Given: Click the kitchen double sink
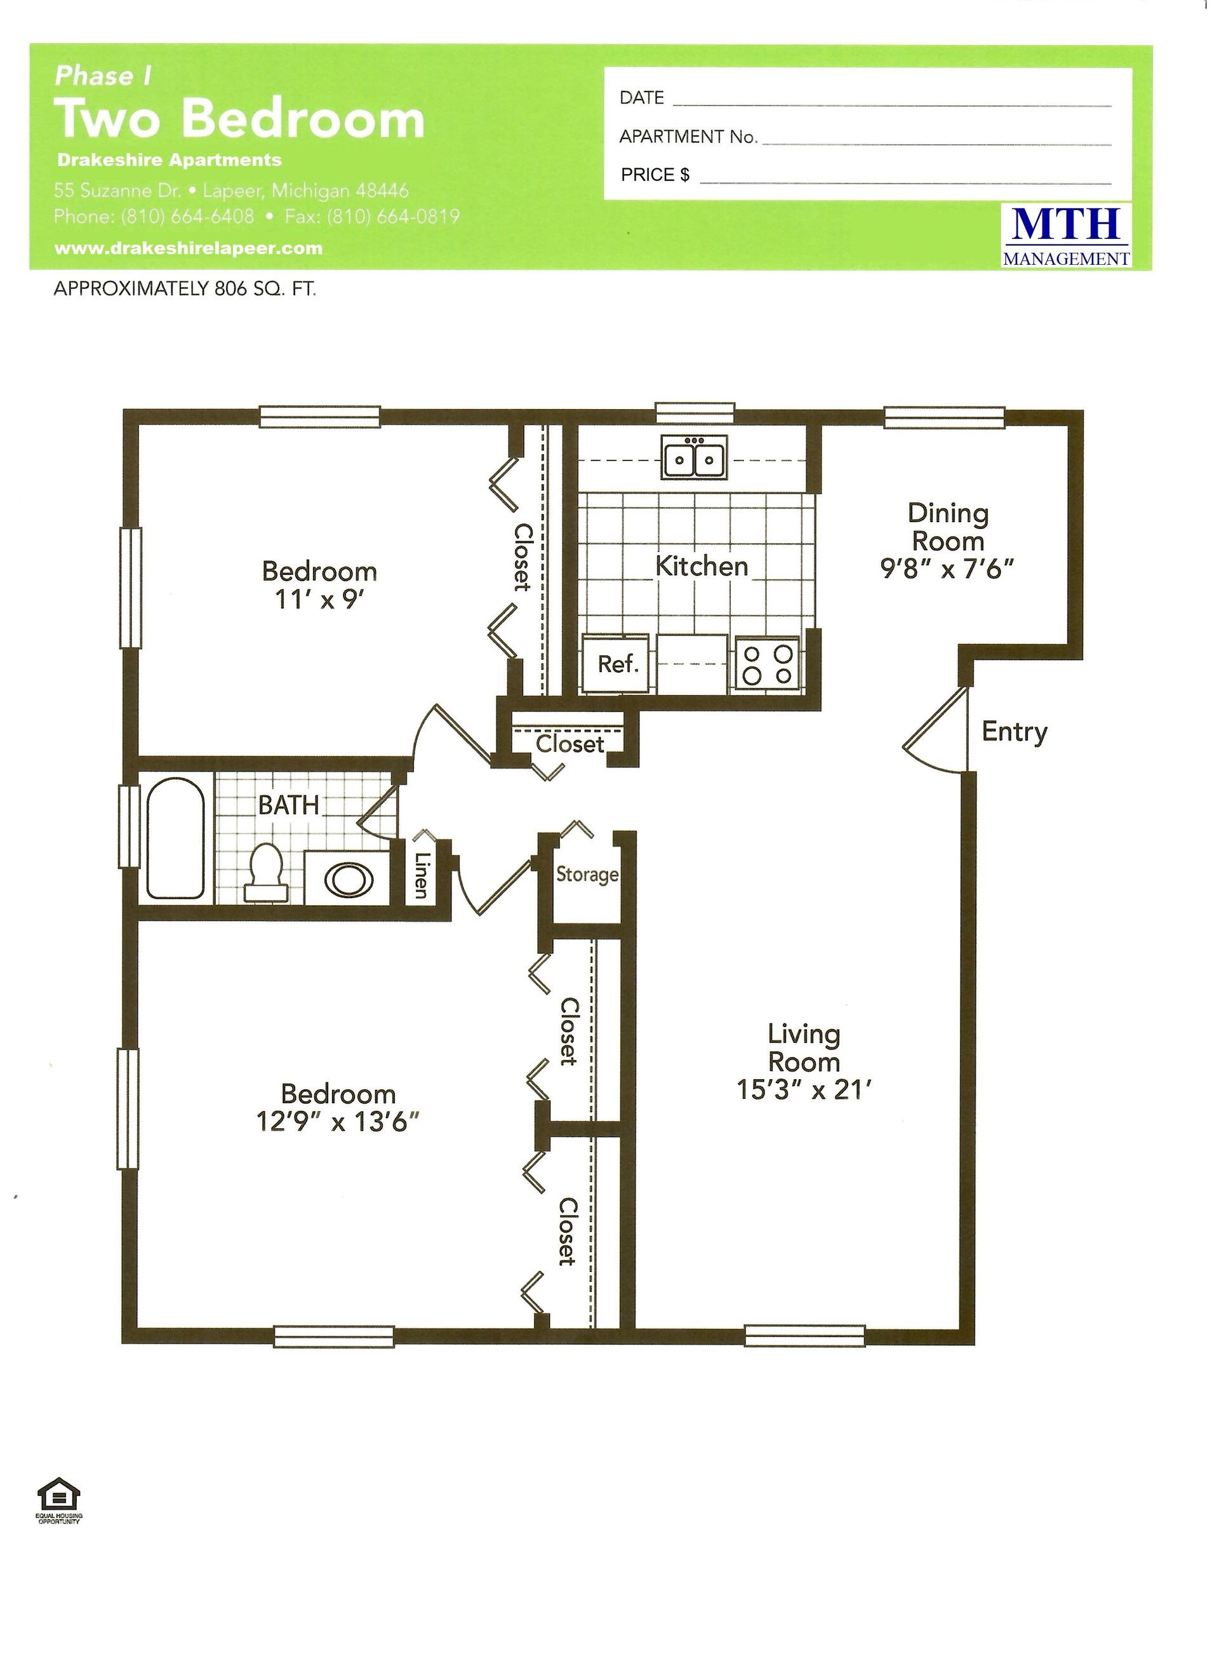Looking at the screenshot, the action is coord(694,457).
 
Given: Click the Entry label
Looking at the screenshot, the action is coord(1014,732).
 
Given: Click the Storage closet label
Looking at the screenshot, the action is coord(587,875).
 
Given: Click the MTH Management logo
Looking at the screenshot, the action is coord(1066,236).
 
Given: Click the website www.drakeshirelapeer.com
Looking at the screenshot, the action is coord(188,249).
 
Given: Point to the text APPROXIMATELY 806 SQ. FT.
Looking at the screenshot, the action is coord(185,289).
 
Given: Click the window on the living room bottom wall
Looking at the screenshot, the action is coord(804,1336).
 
